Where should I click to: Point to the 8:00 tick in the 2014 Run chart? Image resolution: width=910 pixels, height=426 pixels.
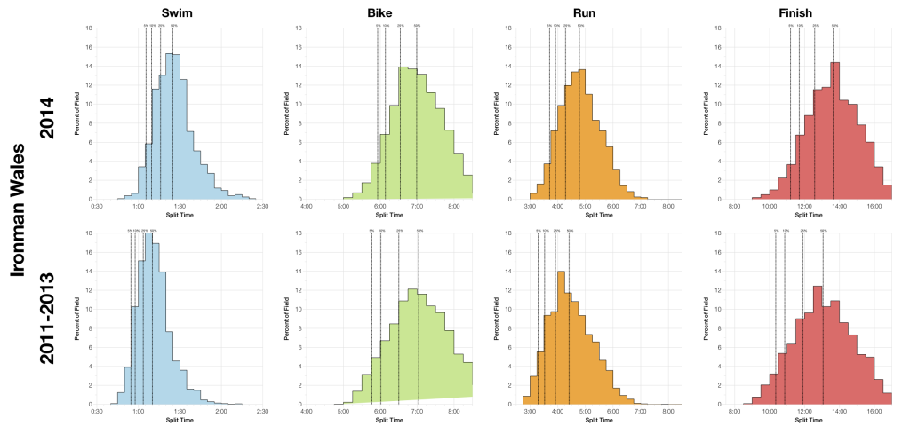coord(667,206)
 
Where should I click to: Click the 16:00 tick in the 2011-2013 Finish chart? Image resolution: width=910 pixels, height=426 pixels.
coord(874,411)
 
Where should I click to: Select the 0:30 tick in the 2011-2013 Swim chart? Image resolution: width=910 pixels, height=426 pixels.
coord(97,411)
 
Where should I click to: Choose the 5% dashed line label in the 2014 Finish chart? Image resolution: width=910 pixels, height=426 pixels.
coord(790,26)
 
